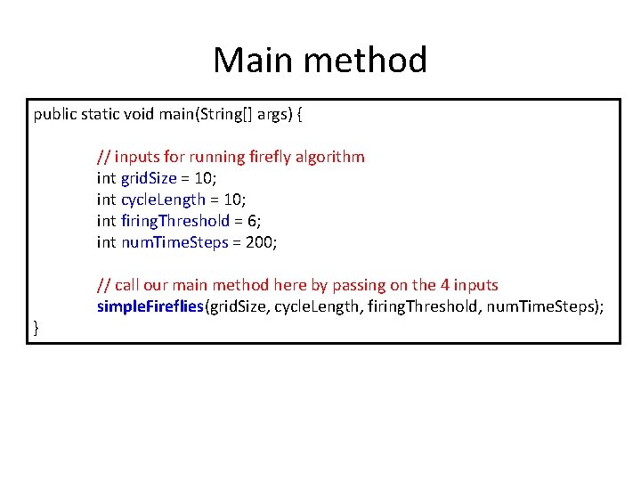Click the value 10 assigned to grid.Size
click(206, 178)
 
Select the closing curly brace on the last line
click(37, 329)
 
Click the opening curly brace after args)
click(307, 114)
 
